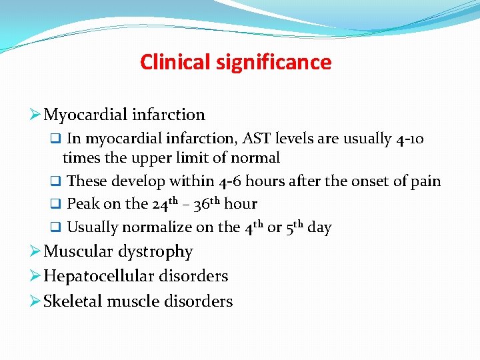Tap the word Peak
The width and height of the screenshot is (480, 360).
(84, 204)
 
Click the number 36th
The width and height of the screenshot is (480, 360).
(208, 203)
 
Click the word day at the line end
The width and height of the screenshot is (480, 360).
(319, 227)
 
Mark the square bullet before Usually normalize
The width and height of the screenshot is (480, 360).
(57, 227)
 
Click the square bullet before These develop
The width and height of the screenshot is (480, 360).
(57, 181)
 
